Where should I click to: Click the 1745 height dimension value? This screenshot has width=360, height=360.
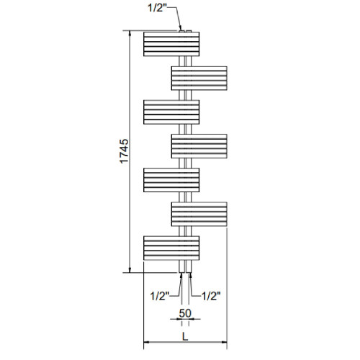tap(125, 151)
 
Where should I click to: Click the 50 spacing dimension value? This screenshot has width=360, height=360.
tap(185, 313)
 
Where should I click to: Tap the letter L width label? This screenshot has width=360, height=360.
tap(185, 336)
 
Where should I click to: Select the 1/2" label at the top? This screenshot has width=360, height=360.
tap(157, 8)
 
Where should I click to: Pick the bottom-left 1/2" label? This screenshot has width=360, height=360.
tap(160, 296)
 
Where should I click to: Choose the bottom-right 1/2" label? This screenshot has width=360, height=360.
tap(211, 296)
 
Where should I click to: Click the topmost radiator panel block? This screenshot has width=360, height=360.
tap(171, 44)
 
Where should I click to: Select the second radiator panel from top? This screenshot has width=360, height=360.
tap(199, 78)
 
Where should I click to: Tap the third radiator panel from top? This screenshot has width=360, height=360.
tap(171, 112)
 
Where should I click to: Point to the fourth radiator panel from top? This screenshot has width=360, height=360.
tap(199, 146)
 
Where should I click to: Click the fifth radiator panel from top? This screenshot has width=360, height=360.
tap(171, 180)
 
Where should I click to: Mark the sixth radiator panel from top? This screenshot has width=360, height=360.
tap(199, 214)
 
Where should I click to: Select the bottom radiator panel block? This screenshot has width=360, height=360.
tap(171, 248)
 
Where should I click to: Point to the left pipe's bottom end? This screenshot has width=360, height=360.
tap(182, 272)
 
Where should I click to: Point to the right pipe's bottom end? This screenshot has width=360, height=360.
tap(189, 272)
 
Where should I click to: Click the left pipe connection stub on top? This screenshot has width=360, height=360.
tap(181, 31)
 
